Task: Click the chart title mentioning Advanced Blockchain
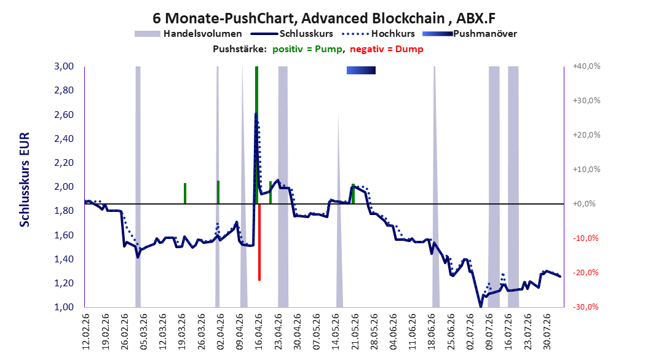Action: click(x=324, y=18)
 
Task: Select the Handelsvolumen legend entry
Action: click(x=188, y=34)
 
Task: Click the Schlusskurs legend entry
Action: click(x=291, y=34)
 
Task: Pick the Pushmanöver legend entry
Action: click(x=470, y=34)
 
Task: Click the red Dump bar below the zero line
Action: click(x=259, y=242)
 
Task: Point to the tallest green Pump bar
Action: click(x=256, y=135)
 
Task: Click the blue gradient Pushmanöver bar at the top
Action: click(x=361, y=70)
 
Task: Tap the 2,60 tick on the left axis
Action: click(x=64, y=114)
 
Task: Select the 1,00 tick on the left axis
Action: click(x=64, y=307)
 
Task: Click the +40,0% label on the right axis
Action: click(x=587, y=66)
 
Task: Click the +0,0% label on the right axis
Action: click(x=584, y=203)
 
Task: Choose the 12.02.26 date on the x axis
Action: click(x=86, y=332)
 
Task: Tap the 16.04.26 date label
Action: click(x=259, y=332)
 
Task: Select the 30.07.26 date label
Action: click(x=547, y=332)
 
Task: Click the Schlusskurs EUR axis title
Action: click(x=25, y=179)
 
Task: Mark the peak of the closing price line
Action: click(x=256, y=113)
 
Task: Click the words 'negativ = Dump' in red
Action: click(x=387, y=49)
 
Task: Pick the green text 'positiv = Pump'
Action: click(x=307, y=49)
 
